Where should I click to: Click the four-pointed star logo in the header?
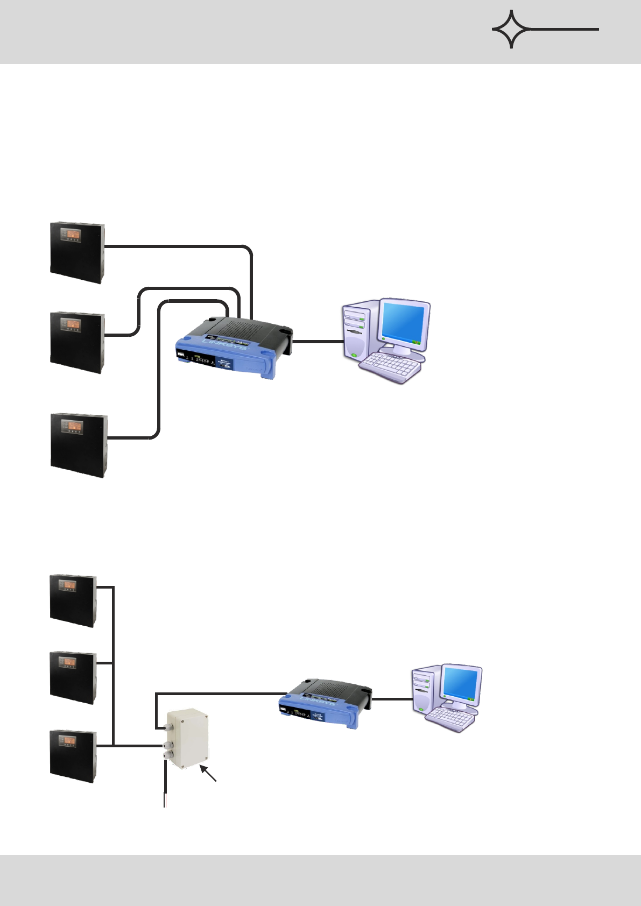[511, 29]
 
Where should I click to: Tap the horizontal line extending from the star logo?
[565, 29]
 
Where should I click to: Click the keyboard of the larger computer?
[390, 367]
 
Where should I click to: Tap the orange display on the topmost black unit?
[71, 234]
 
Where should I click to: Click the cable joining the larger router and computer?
[318, 341]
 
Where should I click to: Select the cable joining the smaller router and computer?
[392, 699]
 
